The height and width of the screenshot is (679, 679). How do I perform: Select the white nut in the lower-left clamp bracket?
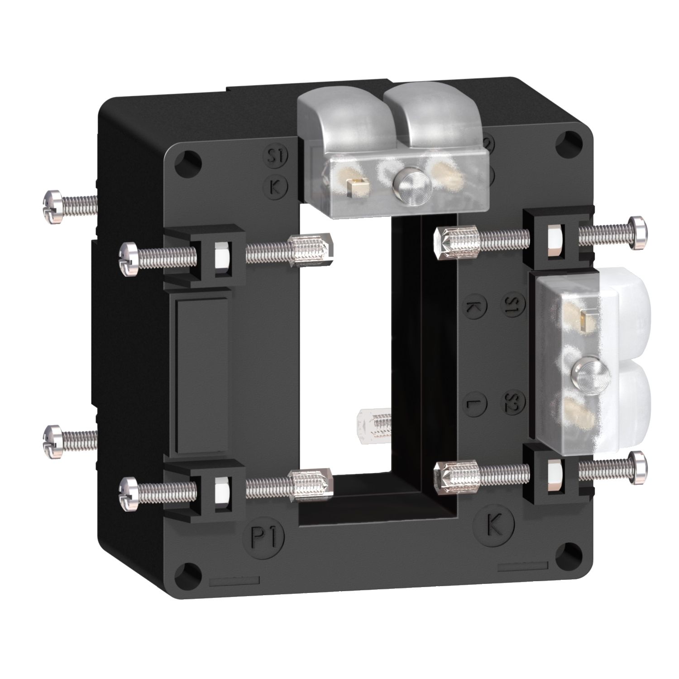[x=221, y=491]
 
